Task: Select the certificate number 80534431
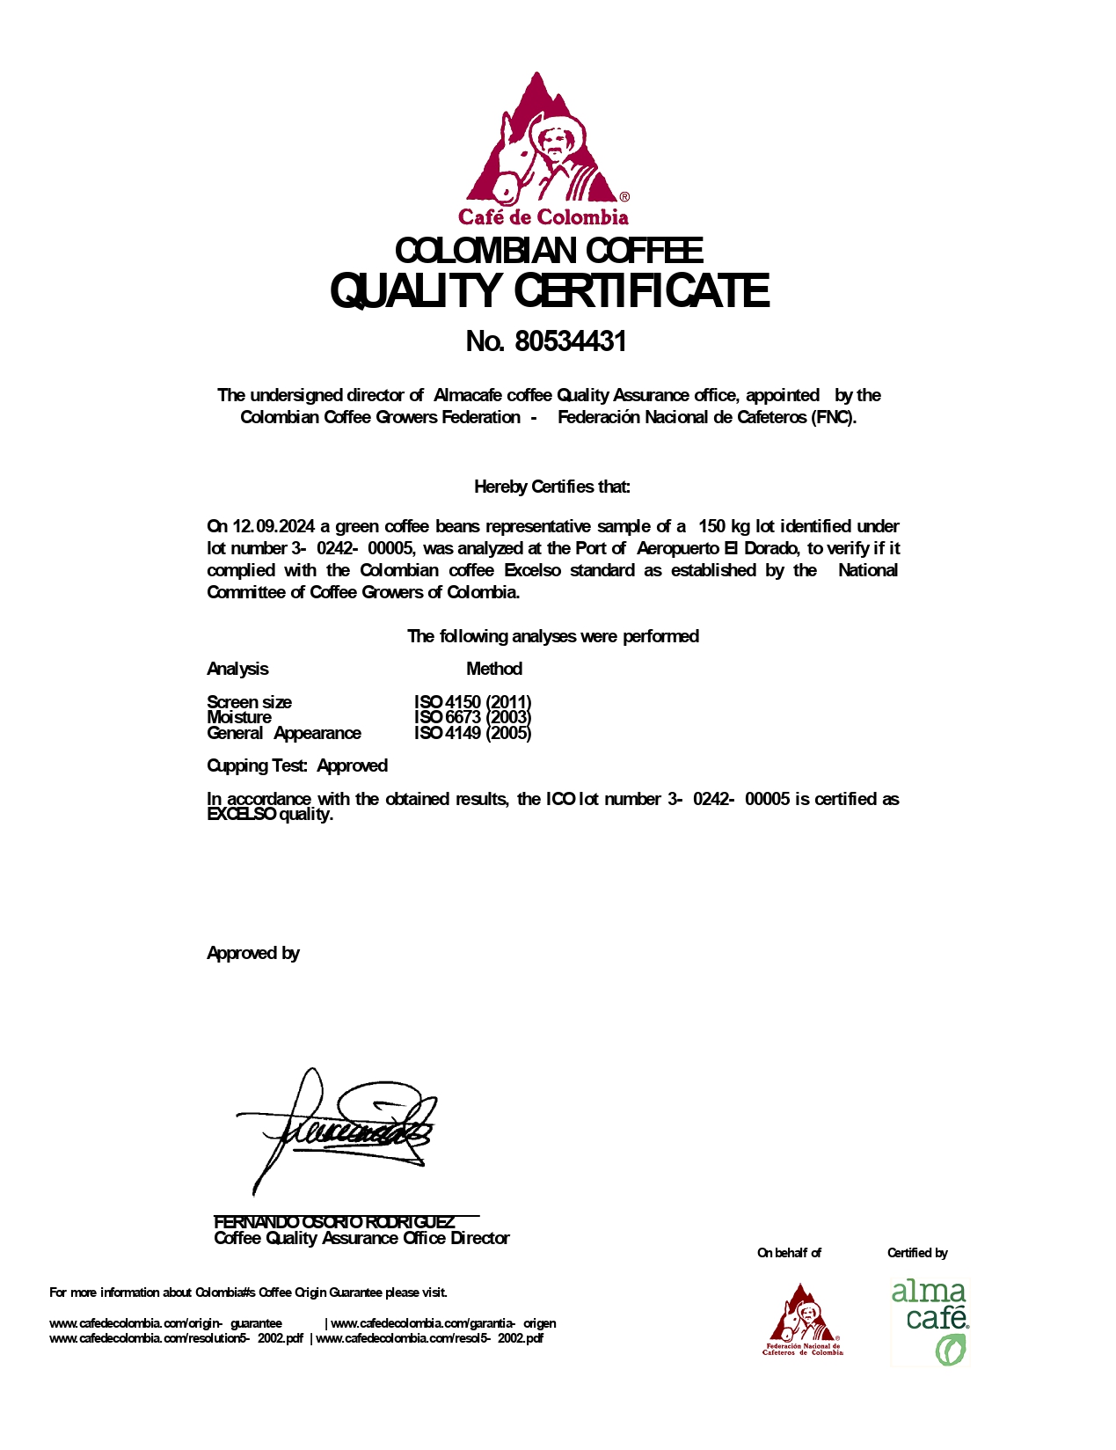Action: (570, 341)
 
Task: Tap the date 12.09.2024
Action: (273, 527)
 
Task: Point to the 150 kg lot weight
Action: (724, 527)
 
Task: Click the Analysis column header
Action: (237, 669)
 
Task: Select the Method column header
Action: (493, 669)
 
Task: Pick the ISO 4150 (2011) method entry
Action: (472, 702)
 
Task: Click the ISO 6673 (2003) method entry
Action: (472, 717)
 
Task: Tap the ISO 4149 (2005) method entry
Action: (472, 733)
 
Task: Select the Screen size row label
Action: (249, 702)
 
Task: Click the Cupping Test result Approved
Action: (352, 765)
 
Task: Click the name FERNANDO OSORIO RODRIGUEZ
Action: (334, 1222)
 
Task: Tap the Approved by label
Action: (253, 953)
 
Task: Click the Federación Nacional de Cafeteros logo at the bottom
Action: (802, 1319)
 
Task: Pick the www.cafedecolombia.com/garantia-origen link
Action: (443, 1323)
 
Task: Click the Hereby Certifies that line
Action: (551, 487)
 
